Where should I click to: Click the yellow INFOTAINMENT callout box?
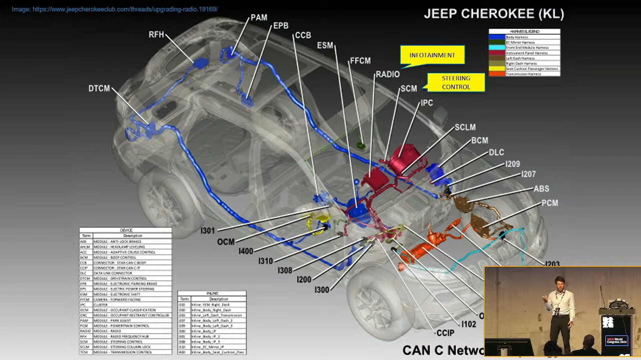432,55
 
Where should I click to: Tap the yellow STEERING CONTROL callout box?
456,82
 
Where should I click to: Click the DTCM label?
99,88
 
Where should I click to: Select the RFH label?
156,34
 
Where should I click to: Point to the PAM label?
259,18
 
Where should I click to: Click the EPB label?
280,26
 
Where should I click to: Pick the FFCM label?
360,61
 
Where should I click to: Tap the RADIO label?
388,74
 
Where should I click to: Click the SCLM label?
465,127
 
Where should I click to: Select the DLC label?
496,152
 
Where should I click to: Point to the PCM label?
550,203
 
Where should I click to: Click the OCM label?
226,242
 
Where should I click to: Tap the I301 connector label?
207,231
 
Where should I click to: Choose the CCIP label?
445,333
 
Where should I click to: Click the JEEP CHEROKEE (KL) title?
494,14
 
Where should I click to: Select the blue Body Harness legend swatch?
497,37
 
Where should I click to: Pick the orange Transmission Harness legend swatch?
497,74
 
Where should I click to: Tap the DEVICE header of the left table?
126,230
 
